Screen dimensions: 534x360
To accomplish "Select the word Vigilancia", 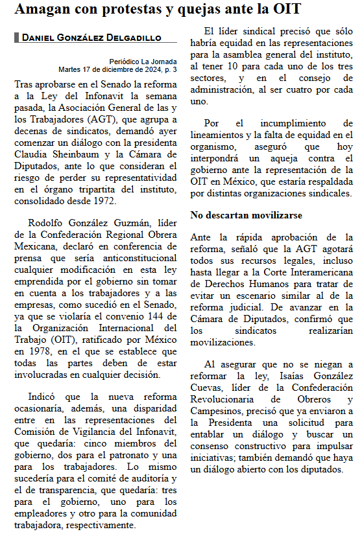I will click(x=104, y=431).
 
